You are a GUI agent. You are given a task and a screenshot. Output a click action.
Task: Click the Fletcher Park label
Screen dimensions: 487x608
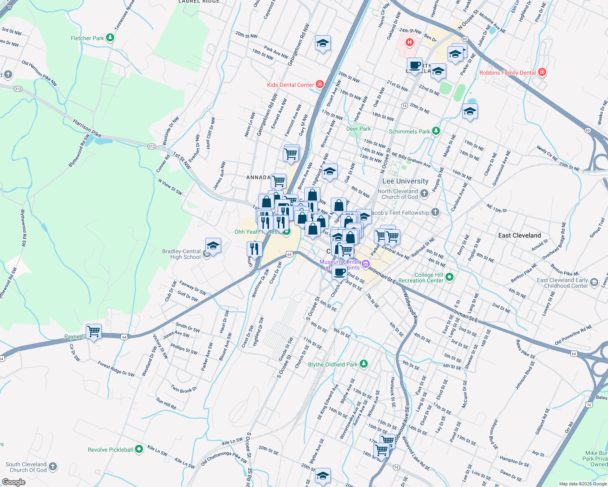[87, 38]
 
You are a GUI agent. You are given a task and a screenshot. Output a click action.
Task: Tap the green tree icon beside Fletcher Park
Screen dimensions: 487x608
[110, 38]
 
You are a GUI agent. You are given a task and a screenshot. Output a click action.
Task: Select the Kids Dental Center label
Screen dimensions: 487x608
[290, 85]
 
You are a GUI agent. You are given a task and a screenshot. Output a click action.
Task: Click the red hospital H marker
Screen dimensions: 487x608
[410, 42]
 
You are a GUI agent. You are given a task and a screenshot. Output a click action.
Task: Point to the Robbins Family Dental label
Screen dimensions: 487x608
[507, 73]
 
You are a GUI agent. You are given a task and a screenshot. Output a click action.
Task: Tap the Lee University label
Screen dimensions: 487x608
[405, 181]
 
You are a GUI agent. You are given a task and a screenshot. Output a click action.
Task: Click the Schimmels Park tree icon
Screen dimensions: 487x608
[436, 131]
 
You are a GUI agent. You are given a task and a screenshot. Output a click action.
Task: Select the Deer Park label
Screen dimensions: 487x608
[358, 129]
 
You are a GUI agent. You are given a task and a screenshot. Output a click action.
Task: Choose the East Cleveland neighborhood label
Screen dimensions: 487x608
[519, 235]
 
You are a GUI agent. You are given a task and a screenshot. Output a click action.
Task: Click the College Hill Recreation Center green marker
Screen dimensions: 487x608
[449, 277]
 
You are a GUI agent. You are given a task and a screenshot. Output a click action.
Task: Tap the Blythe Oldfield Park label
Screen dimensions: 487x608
[333, 364]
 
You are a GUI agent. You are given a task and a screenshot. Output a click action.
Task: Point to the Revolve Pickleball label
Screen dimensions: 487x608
[110, 450]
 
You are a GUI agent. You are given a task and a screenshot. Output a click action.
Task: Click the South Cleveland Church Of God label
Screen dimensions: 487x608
[26, 467]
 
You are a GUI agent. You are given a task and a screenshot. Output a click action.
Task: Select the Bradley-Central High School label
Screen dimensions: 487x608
[181, 254]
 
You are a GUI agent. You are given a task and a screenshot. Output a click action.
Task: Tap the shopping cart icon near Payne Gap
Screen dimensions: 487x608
[94, 332]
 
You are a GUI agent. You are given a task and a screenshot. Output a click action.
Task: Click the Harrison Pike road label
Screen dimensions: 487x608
[87, 127]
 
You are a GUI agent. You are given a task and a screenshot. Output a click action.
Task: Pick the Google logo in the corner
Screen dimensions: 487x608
[13, 482]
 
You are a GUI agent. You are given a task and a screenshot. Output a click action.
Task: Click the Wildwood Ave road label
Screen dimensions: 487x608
[410, 309]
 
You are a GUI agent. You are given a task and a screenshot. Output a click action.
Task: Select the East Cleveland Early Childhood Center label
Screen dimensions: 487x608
[562, 283]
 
